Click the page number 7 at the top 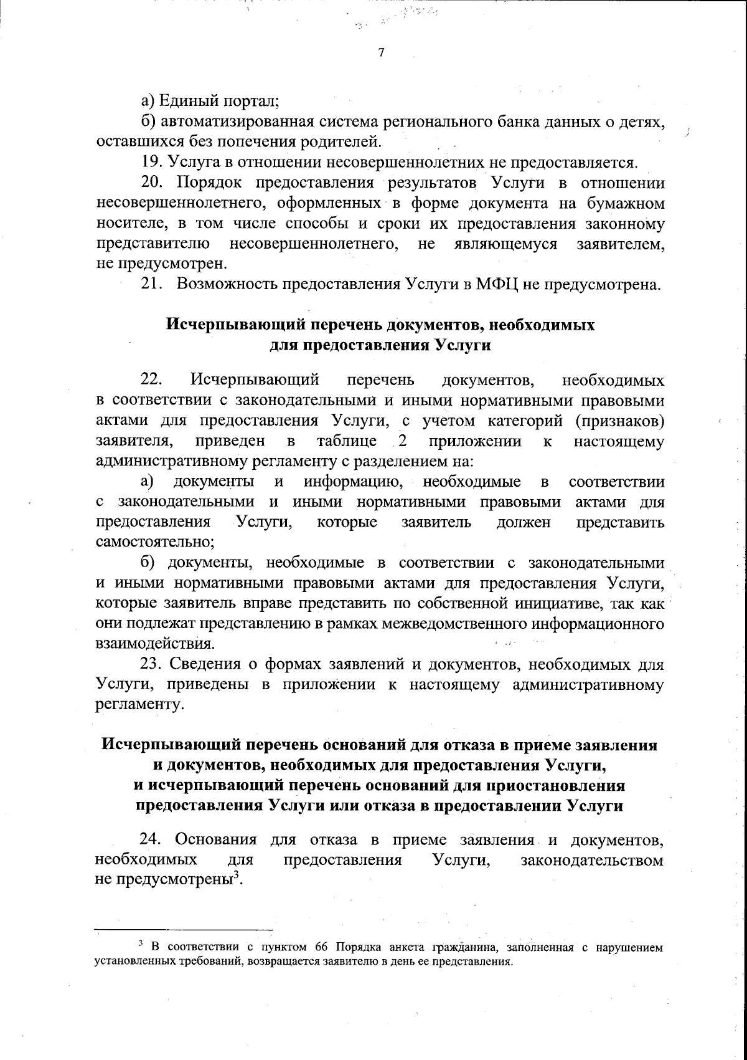381,53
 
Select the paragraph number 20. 151,184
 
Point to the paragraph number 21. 151,285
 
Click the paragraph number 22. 151,380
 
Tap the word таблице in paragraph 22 347,441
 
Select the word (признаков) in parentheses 619,421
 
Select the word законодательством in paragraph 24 591,861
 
